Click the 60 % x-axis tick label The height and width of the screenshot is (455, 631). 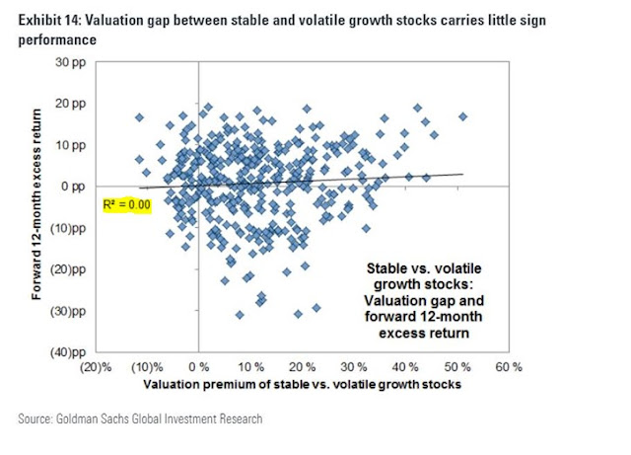509,367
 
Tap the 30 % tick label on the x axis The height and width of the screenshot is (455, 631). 355,367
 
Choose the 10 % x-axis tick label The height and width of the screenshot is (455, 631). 251,367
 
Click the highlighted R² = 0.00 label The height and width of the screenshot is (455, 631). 125,204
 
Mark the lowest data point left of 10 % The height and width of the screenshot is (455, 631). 240,315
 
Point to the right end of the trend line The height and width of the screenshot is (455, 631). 461,174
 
